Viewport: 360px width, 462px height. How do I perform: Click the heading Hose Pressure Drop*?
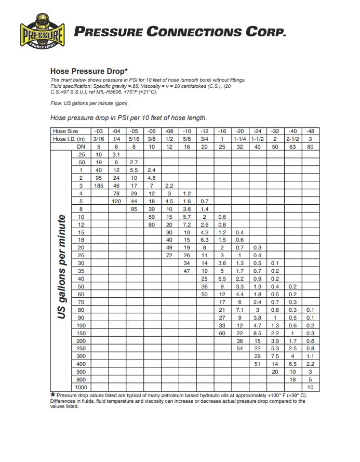pos(89,71)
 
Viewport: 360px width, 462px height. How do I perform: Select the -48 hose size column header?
pos(311,131)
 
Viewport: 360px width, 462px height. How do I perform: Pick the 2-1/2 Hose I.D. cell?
pos(292,139)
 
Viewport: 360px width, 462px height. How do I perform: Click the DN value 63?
pos(292,147)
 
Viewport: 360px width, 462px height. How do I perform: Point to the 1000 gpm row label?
pos(81,387)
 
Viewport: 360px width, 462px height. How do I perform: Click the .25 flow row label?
pos(81,154)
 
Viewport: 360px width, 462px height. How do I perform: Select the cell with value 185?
pos(98,186)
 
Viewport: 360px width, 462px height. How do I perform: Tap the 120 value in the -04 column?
pos(116,201)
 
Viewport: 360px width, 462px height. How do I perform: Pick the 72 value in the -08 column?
pos(169,255)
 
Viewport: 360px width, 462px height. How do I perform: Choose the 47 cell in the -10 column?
pos(187,271)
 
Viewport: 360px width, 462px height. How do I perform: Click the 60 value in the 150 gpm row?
pos(222,333)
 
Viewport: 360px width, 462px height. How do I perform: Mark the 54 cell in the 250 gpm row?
pos(239,348)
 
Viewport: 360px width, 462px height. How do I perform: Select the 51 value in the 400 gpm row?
pos(257,364)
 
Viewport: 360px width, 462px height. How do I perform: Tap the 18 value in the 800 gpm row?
pos(292,379)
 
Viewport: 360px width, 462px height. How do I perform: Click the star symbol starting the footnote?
pos(52,395)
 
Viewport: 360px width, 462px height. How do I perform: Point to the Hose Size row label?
pos(65,131)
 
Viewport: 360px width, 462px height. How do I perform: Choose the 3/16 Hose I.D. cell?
pos(98,139)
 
